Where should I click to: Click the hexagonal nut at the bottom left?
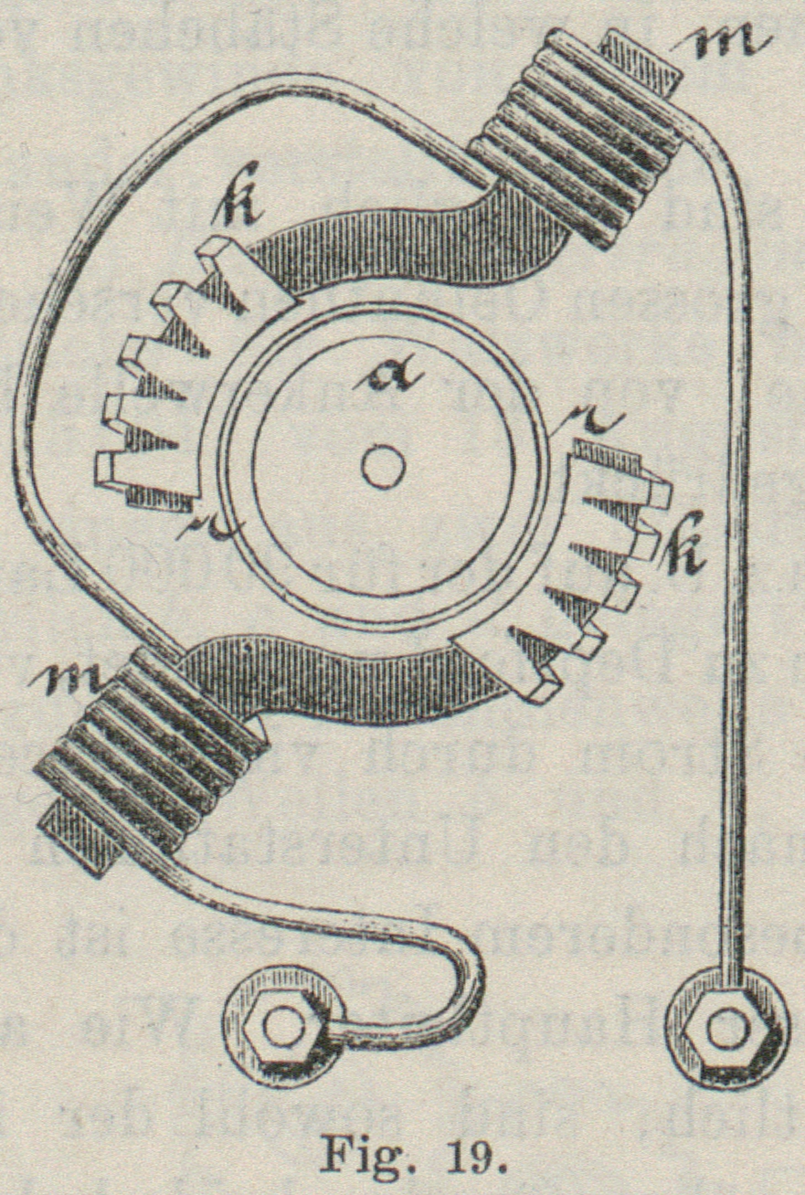[x=281, y=1029]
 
